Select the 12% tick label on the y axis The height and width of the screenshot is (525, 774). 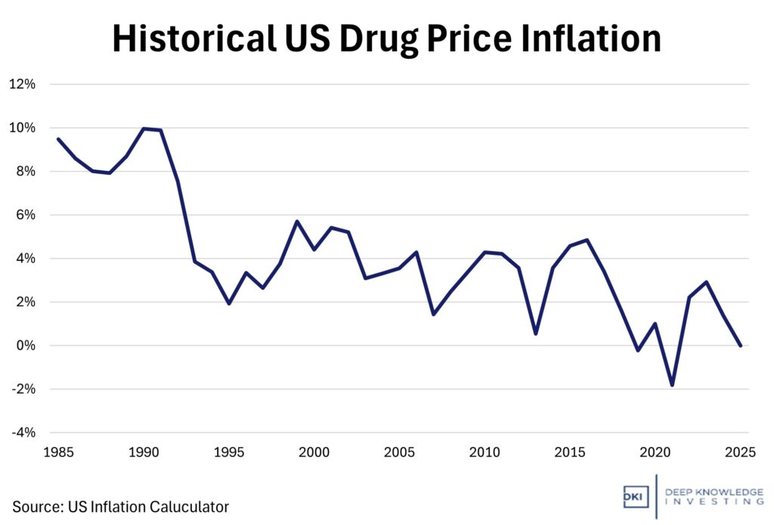22,84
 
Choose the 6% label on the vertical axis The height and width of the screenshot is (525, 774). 24,215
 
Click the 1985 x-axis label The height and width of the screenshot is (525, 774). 58,453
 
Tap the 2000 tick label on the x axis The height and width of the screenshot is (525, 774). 314,453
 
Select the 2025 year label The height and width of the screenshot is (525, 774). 741,453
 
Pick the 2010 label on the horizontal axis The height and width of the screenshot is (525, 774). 485,453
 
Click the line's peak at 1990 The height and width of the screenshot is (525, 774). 144,129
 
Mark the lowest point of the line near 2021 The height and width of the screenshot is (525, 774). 672,385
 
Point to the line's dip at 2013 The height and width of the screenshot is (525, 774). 535,334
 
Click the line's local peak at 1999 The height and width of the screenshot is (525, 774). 297,221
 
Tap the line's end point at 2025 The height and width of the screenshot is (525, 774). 740,346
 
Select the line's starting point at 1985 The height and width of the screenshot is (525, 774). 58,139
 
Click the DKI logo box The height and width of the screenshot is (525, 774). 633,496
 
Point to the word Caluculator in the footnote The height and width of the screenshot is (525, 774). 191,506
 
